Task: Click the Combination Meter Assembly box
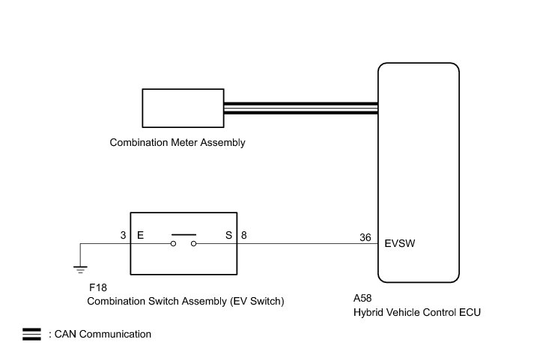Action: pyautogui.click(x=183, y=108)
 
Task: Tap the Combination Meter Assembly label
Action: pyautogui.click(x=178, y=142)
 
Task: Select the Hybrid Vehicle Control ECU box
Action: pyautogui.click(x=418, y=171)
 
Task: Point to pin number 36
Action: pyautogui.click(x=365, y=238)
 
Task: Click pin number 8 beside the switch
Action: pyautogui.click(x=244, y=235)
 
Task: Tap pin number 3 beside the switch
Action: pyautogui.click(x=123, y=235)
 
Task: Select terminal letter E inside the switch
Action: pyautogui.click(x=140, y=235)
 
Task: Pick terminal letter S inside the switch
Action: pyautogui.click(x=228, y=235)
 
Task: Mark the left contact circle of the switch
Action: pyautogui.click(x=173, y=244)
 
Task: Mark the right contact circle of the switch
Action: pyautogui.click(x=195, y=244)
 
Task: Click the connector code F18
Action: pyautogui.click(x=97, y=288)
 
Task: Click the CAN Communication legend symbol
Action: pyautogui.click(x=31, y=335)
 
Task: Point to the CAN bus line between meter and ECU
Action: pyautogui.click(x=300, y=108)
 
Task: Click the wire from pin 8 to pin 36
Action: pyautogui.click(x=307, y=243)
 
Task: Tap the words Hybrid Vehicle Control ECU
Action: pyautogui.click(x=416, y=312)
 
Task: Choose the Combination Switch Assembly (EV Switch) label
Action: pyautogui.click(x=186, y=302)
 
